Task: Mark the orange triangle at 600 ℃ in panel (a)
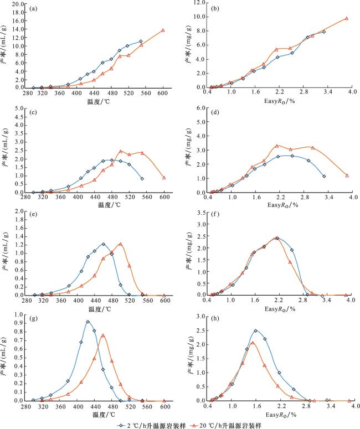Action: click(163, 30)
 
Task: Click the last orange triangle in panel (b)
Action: click(347, 18)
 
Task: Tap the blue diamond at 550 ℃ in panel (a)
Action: click(141, 42)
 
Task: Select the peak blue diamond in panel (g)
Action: click(88, 322)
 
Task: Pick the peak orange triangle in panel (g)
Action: click(103, 335)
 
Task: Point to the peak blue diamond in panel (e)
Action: click(103, 244)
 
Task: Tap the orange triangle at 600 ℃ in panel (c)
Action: click(164, 178)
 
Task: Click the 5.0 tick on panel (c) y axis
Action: click(18, 109)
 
